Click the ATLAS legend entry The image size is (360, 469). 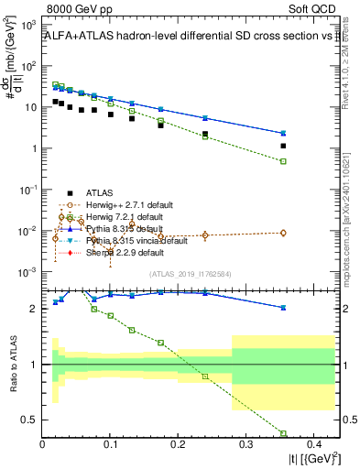coord(97,193)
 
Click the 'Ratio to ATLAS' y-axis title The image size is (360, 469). coord(12,364)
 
